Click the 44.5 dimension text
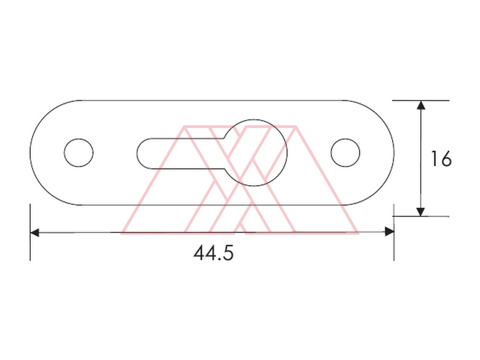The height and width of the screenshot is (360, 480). pos(213,253)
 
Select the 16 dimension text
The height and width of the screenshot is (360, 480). pos(441,158)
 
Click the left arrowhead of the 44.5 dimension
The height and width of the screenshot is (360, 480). pos(35,233)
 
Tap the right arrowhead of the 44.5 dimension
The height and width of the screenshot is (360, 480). pos(389,232)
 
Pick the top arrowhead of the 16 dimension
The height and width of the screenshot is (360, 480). pos(421,105)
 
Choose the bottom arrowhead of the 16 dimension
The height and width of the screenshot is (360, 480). pos(421,212)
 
